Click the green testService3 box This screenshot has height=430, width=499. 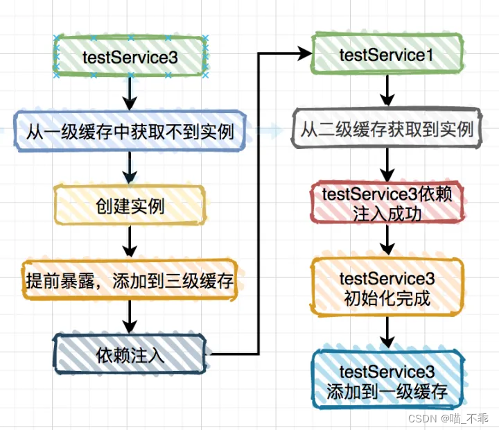130,57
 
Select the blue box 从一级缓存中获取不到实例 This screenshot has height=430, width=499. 130,130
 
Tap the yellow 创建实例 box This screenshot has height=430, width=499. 130,205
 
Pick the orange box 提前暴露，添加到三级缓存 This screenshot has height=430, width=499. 130,280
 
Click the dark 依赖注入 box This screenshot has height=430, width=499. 130,355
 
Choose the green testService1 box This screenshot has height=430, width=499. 387,55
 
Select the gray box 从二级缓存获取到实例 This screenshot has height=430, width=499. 387,128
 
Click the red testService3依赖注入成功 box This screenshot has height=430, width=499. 387,203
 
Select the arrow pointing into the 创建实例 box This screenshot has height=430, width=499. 130,167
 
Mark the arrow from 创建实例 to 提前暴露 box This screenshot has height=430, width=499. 130,242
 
